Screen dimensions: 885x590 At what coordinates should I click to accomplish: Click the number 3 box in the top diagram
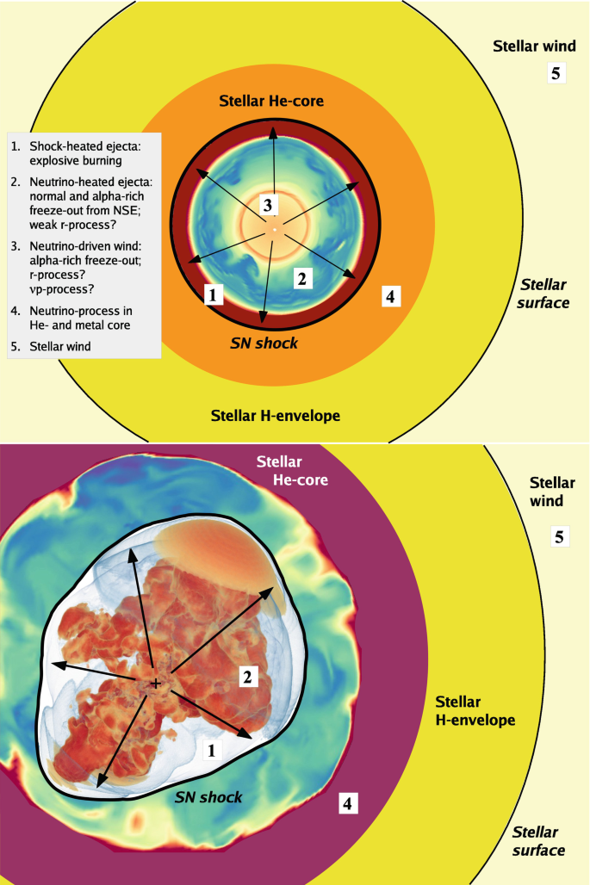[x=268, y=205]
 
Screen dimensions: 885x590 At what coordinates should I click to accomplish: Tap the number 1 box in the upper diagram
[x=214, y=295]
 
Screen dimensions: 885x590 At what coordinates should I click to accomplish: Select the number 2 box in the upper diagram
[x=301, y=278]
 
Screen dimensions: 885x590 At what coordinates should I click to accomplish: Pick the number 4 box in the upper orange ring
[x=390, y=296]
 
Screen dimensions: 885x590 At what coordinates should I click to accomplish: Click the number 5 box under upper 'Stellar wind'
[x=556, y=73]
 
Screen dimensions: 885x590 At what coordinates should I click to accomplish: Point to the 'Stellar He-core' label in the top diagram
[x=276, y=101]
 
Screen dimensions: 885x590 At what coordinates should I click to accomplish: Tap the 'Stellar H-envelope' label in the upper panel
[x=276, y=416]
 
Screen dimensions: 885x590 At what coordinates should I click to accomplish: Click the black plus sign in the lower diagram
[x=156, y=683]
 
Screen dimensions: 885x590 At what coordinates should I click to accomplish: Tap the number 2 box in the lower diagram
[x=247, y=677]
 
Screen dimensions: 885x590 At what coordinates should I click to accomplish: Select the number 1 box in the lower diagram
[x=208, y=750]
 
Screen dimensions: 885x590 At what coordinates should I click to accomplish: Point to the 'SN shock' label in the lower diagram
[x=208, y=797]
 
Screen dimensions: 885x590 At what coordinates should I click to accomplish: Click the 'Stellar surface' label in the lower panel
[x=539, y=841]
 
